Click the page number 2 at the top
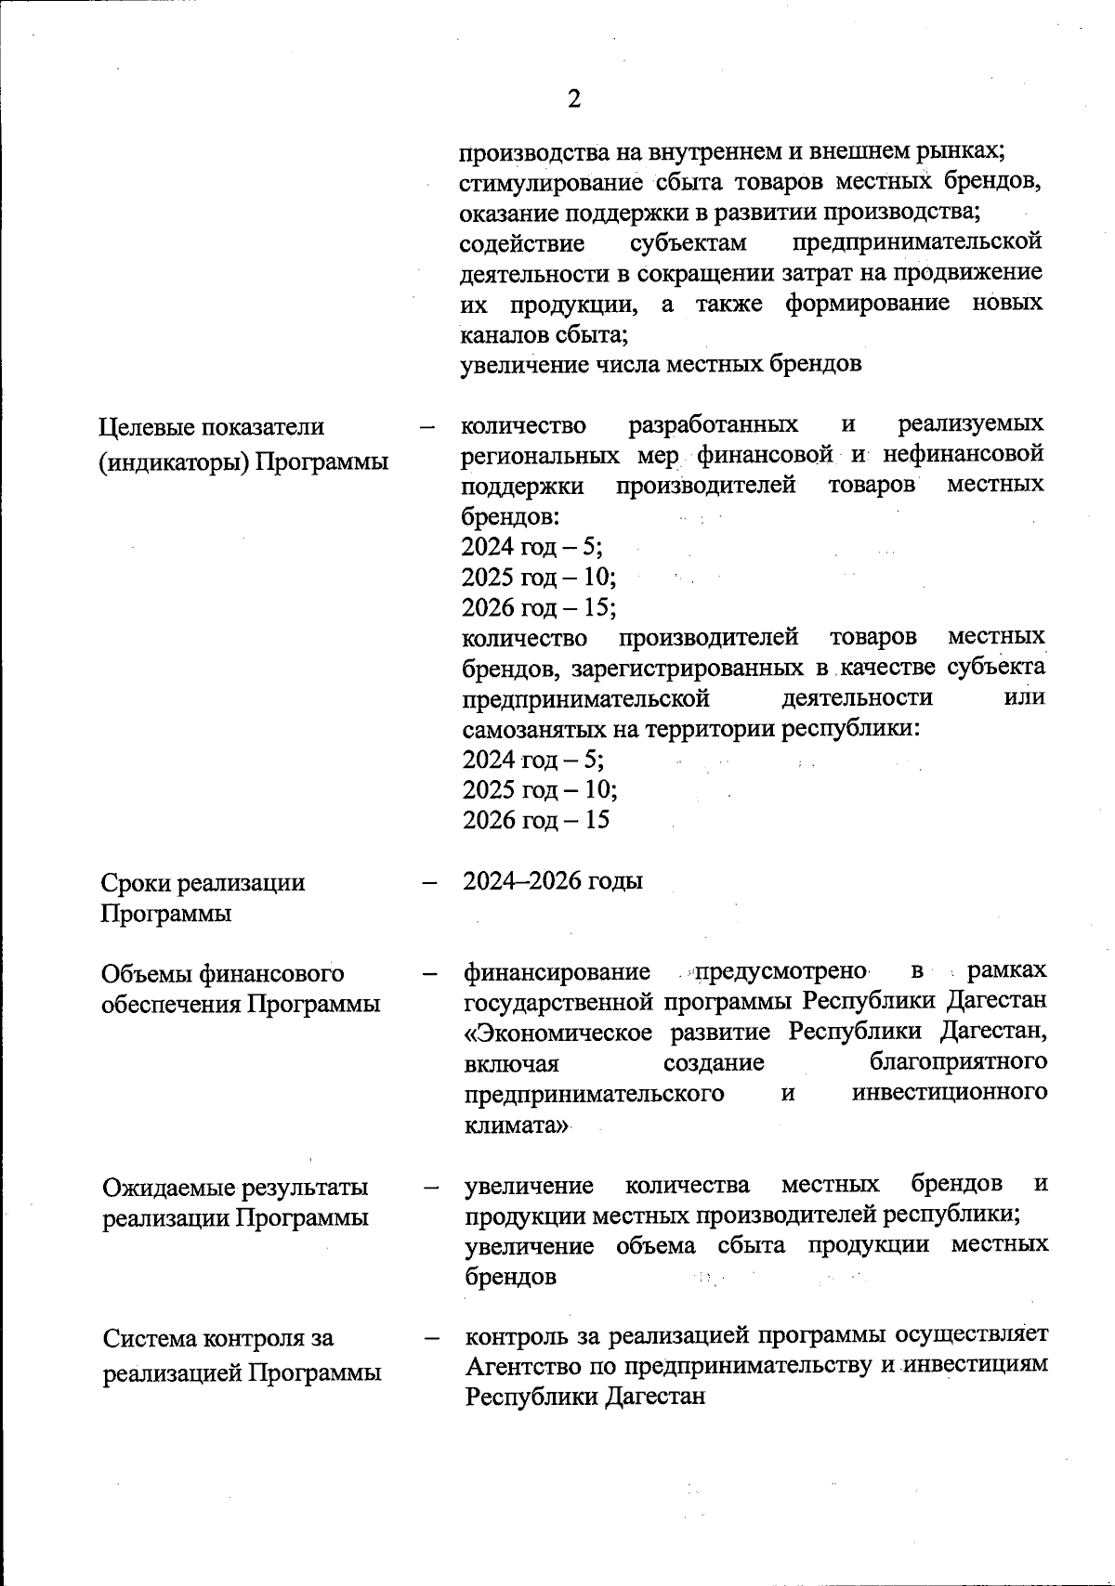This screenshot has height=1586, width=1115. [574, 99]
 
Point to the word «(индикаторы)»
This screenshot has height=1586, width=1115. [174, 461]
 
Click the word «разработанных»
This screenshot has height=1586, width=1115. [713, 424]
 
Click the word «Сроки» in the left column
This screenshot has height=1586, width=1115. [137, 882]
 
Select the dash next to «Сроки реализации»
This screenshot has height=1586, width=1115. [429, 882]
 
